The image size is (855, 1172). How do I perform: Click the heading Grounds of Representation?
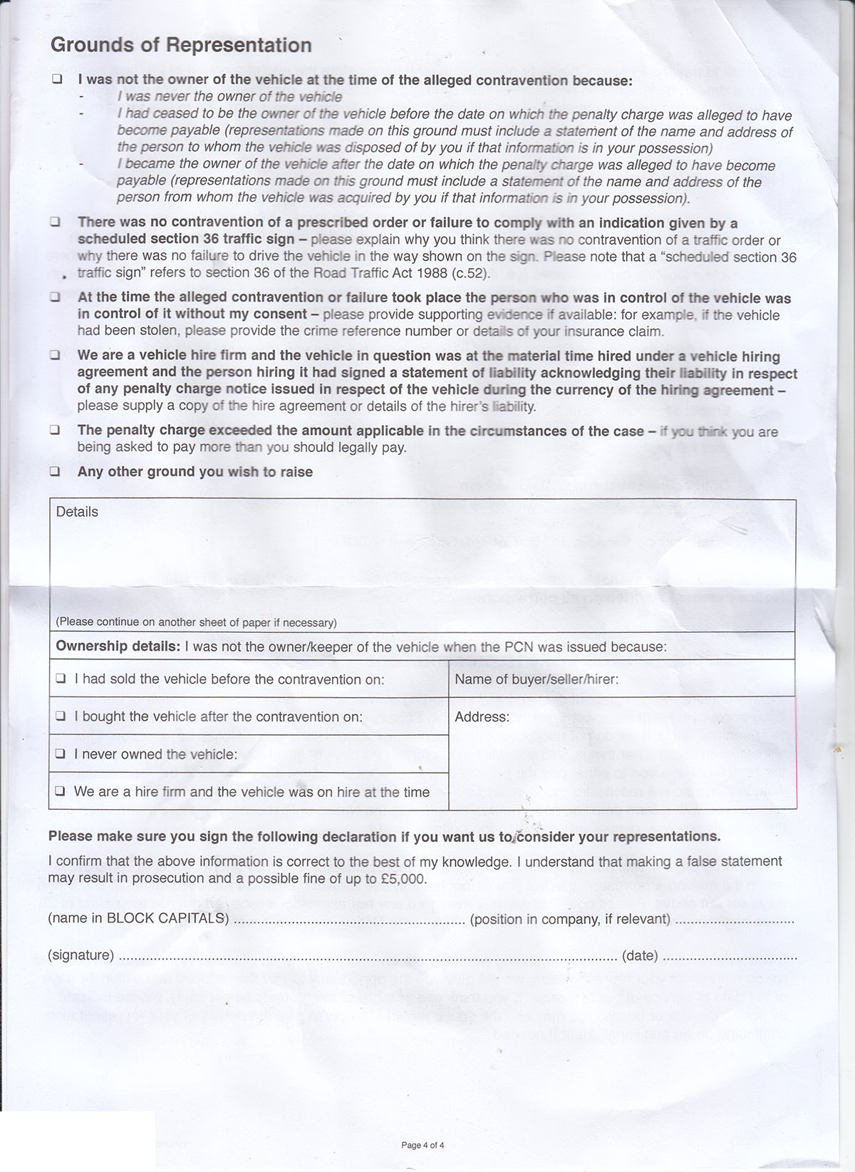[x=181, y=46]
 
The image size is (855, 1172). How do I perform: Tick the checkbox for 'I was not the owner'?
[x=56, y=80]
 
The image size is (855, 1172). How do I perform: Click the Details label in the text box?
[x=77, y=512]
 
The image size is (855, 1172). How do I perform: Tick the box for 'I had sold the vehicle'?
[x=62, y=679]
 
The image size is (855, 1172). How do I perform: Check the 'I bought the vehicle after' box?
[x=62, y=716]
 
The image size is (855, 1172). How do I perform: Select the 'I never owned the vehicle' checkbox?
[x=62, y=754]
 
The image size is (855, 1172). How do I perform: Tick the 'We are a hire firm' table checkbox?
[x=62, y=791]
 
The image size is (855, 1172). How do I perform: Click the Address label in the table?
[x=482, y=716]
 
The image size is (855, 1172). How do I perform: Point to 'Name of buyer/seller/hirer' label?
[x=536, y=679]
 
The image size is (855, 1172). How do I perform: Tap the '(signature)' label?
[x=81, y=955]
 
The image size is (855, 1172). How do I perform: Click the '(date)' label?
[x=640, y=955]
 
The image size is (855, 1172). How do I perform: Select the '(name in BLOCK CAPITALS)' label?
[x=138, y=918]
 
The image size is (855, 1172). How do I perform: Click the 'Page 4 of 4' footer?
[x=423, y=1146]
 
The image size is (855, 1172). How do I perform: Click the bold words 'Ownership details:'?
[x=118, y=647]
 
